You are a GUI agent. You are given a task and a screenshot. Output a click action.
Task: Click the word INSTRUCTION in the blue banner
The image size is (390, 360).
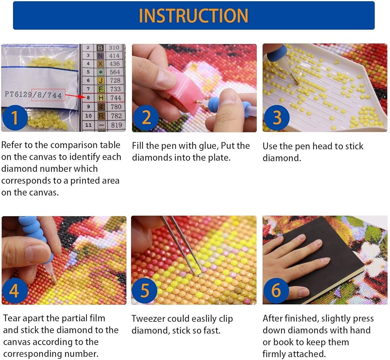193,16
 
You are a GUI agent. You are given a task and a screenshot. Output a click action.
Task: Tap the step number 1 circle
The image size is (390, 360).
14,118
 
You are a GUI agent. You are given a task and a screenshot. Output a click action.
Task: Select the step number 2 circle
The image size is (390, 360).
146,118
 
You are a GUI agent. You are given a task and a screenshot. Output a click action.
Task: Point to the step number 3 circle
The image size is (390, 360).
277,118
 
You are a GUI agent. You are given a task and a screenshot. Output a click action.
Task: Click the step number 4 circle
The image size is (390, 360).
14,290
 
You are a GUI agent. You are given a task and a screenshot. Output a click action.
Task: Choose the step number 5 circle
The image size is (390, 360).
145,290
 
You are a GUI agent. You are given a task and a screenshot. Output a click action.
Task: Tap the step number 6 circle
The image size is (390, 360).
276,290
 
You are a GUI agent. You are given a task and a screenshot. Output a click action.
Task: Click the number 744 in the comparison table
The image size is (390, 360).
116,98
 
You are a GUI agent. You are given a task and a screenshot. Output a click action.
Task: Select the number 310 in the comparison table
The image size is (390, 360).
114,48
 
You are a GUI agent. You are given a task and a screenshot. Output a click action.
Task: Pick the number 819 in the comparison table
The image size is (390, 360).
116,125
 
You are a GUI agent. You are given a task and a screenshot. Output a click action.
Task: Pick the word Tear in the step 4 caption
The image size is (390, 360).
13,318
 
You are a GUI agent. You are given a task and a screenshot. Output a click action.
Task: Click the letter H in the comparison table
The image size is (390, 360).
101,98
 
